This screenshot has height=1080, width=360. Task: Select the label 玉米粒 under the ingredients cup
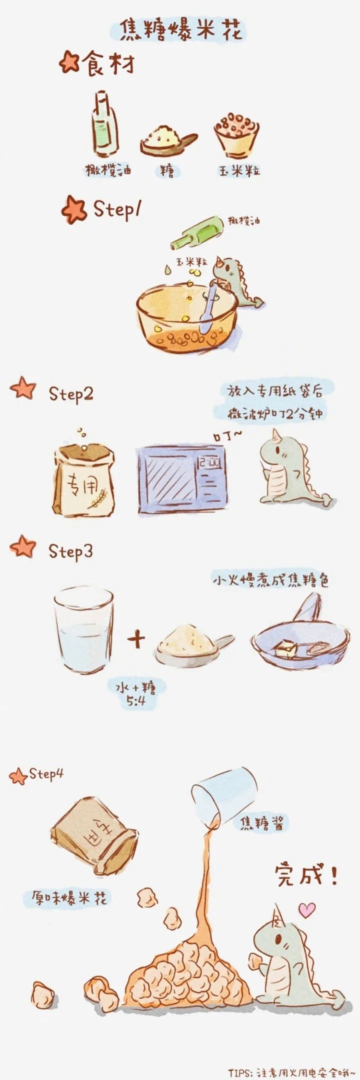point(239,171)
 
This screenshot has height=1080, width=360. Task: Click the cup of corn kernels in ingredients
point(237,133)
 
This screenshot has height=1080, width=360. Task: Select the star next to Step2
point(23,388)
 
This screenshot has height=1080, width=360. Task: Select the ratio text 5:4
point(135,701)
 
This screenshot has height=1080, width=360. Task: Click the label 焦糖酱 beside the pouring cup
point(263,822)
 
